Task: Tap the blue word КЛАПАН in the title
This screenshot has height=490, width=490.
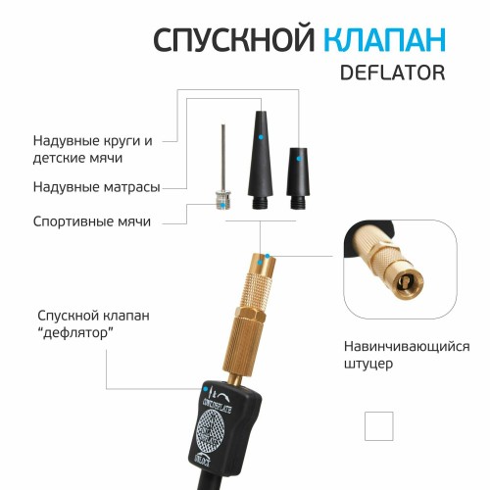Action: point(384,39)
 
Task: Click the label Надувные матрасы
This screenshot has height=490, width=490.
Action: point(95,186)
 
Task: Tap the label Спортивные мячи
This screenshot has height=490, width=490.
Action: point(91,221)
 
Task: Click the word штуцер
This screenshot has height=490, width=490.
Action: point(370,365)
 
